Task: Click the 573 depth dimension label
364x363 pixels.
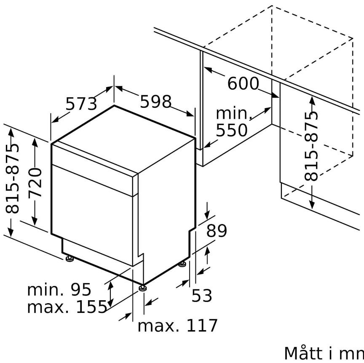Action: click(81, 104)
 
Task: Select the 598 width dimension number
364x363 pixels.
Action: click(156, 101)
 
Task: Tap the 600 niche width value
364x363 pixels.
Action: click(243, 83)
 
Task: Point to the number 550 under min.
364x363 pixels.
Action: click(231, 130)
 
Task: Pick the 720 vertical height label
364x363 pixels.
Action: click(35, 182)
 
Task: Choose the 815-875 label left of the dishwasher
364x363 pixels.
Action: click(12, 178)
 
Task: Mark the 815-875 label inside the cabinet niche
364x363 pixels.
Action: click(311, 146)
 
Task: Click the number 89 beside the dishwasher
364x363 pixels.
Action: click(217, 231)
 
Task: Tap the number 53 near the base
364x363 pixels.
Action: click(202, 296)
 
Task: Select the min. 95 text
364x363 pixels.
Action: click(59, 290)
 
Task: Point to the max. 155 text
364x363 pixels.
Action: click(67, 307)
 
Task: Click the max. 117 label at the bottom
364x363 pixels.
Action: click(178, 326)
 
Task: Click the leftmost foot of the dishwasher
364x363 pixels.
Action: click(69, 259)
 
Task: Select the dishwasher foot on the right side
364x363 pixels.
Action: click(182, 264)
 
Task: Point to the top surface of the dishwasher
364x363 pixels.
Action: click(123, 139)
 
